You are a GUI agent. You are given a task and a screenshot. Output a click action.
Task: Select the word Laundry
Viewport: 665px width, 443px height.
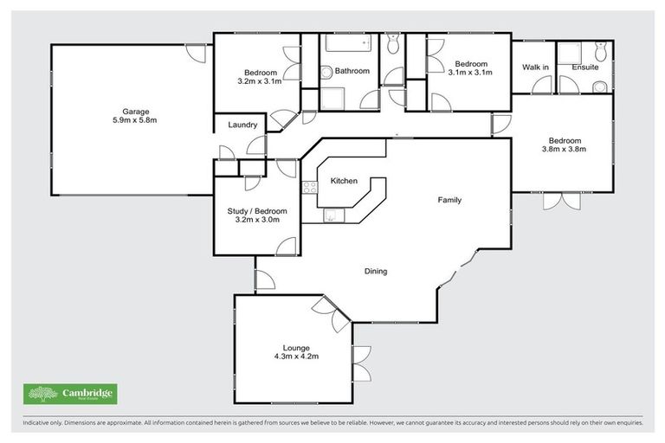242,125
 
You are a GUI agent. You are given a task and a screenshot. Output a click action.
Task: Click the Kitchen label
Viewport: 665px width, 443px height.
344,181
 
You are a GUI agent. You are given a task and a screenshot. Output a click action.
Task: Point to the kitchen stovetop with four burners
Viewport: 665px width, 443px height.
308,186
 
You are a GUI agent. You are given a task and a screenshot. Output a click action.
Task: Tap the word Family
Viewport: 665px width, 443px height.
449,200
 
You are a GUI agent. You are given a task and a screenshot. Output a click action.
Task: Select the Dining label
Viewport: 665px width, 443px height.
375,271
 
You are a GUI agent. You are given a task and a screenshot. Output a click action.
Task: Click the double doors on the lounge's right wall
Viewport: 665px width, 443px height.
361,363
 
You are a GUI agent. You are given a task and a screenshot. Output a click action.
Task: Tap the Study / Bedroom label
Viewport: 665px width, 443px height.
256,210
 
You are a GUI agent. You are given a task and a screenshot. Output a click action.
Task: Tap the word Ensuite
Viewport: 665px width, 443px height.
584,67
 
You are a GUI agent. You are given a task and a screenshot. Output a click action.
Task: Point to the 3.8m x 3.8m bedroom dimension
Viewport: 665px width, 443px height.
564,148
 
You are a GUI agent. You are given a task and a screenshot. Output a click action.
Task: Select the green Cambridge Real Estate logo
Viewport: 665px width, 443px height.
70,394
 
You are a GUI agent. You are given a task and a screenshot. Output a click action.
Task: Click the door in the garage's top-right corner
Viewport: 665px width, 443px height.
198,53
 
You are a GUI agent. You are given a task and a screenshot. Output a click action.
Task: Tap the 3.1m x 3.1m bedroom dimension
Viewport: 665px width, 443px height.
472,73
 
